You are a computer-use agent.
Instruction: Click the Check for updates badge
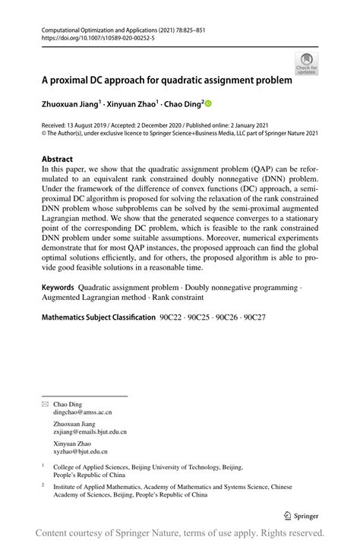tap(307, 63)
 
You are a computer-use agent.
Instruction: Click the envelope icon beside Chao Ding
tap(44, 405)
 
